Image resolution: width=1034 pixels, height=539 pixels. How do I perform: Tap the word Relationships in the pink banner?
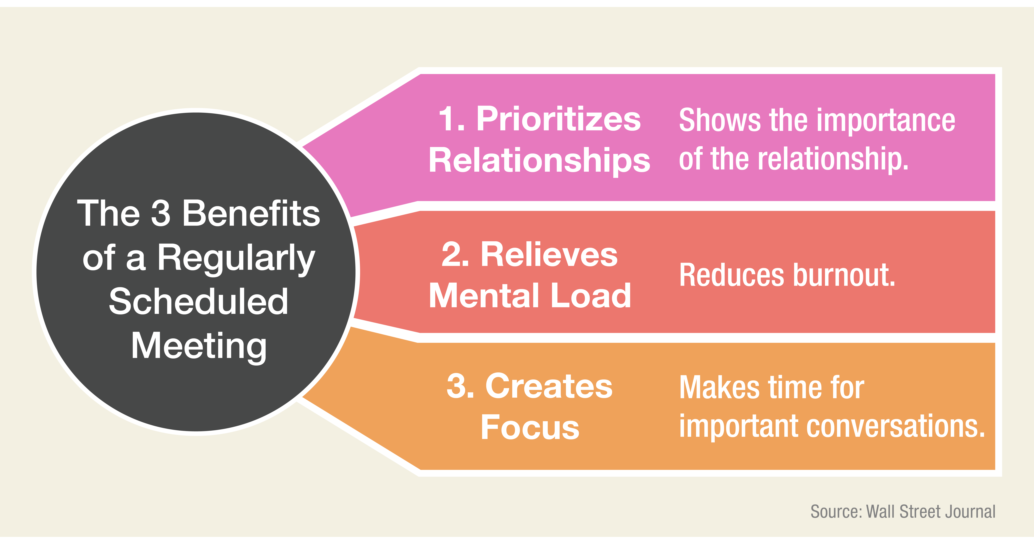point(539,160)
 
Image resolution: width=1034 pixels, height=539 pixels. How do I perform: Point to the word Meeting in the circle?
point(199,347)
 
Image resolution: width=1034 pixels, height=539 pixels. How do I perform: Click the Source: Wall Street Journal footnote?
point(903,512)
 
